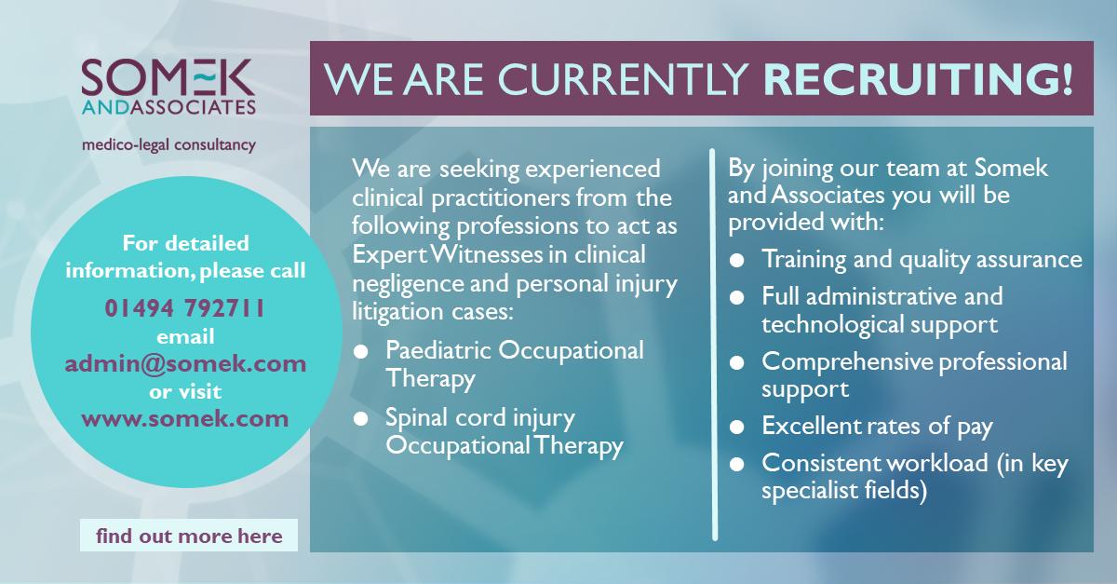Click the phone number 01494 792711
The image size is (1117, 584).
click(x=185, y=308)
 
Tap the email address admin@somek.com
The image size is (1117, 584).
click(x=185, y=363)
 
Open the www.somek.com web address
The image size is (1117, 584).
click(x=185, y=418)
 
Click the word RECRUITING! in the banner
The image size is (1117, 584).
click(x=918, y=78)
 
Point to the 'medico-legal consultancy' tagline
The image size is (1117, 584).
click(x=168, y=145)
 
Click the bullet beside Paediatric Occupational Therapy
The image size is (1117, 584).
click(x=360, y=351)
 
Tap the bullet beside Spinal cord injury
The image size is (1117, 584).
click(x=360, y=418)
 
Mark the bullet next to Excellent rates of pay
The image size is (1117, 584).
click(x=736, y=427)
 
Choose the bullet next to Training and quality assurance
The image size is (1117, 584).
click(x=736, y=260)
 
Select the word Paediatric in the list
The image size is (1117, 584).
click(x=438, y=350)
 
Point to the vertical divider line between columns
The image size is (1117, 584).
click(x=714, y=345)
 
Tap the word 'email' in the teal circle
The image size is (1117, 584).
click(x=185, y=337)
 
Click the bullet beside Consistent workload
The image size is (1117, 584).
click(x=736, y=464)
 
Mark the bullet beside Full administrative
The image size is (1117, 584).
click(x=736, y=297)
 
